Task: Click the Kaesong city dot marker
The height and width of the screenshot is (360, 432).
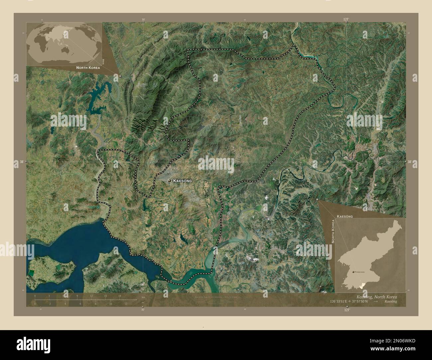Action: (x=170, y=180)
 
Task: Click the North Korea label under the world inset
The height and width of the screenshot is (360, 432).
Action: (x=88, y=67)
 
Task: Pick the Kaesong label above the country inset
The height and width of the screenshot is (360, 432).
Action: (x=345, y=216)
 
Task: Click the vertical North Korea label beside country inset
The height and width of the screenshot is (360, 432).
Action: (x=334, y=231)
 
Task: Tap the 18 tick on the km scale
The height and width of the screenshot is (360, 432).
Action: (x=120, y=296)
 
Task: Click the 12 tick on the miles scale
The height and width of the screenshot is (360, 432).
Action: (x=126, y=304)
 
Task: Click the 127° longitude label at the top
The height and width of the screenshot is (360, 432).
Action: (x=346, y=20)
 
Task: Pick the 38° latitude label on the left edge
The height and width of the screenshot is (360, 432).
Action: (x=21, y=162)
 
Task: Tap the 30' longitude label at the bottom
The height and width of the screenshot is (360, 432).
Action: (x=143, y=310)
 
